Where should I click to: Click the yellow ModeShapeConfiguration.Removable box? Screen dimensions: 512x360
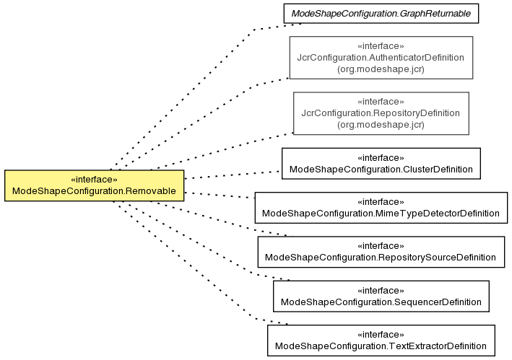click(95, 185)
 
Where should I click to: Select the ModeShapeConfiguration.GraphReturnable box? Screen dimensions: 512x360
click(381, 14)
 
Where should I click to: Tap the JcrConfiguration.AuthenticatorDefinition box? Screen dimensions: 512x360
click(381, 58)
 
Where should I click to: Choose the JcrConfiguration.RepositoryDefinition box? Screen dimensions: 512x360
click(381, 113)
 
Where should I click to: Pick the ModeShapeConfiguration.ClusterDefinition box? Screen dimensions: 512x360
click(381, 163)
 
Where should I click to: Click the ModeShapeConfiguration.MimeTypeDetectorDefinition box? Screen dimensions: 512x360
click(381, 208)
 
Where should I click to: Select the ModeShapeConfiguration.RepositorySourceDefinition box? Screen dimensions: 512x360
click(381, 252)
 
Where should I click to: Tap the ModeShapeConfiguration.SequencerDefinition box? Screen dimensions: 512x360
click(381, 296)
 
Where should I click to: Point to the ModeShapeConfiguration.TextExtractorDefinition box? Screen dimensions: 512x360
click(381, 340)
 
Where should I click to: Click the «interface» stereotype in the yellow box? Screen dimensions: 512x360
click(94, 180)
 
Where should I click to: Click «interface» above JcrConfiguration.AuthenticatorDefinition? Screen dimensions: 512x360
click(381, 46)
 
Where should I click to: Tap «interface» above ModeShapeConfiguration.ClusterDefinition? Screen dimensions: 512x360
click(381, 158)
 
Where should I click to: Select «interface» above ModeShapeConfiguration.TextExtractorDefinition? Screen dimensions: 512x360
click(381, 335)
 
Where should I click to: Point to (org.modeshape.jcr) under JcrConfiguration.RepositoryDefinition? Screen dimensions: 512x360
click(381, 125)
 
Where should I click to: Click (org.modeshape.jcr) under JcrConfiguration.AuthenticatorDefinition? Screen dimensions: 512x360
click(381, 69)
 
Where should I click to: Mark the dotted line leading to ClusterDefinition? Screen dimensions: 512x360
click(232, 175)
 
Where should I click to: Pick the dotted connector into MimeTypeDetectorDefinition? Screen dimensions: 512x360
click(220, 195)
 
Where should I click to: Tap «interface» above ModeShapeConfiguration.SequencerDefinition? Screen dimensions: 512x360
click(381, 291)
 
